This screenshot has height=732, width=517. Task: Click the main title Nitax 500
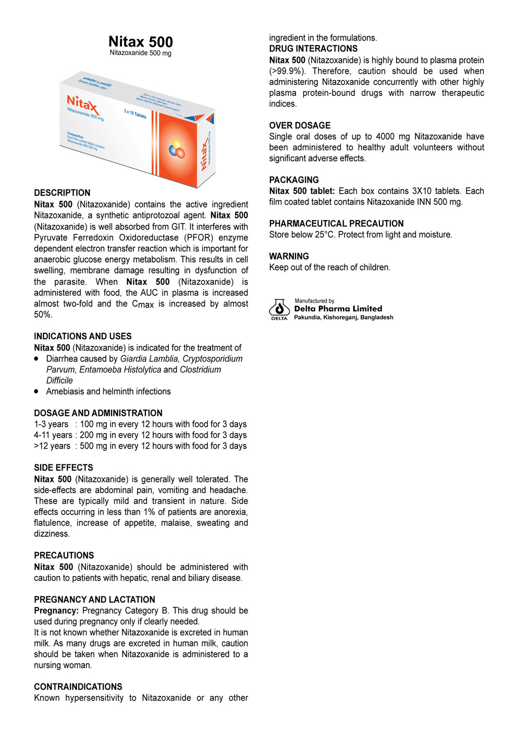140,42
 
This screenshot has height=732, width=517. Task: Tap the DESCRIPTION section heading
62,193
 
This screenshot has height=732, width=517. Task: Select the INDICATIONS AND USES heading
83,336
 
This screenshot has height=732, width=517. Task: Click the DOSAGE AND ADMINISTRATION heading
98,413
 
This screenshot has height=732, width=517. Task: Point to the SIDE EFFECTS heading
64,467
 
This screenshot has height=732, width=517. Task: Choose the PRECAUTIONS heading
64,555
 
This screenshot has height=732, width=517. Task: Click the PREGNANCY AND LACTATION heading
94,599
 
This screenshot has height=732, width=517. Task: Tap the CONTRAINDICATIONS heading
78,687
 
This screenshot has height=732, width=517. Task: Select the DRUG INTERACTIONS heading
313,49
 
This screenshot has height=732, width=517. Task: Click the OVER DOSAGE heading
300,125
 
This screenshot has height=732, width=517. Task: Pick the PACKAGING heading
294,179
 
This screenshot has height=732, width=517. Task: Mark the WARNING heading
289,256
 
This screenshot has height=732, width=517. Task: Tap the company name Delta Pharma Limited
338,308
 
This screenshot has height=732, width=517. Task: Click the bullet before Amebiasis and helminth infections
36,391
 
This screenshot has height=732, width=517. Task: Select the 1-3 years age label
51,424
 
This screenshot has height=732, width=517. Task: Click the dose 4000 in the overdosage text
385,136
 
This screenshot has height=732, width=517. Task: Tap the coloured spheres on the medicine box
177,149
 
